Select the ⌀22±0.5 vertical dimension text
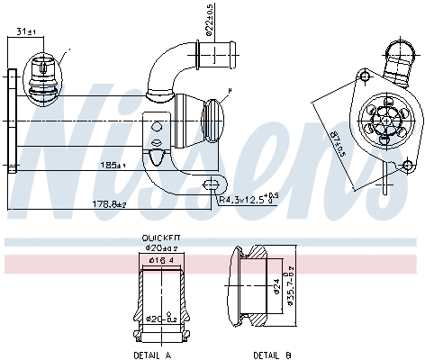tap(209, 20)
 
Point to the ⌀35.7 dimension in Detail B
tap(289, 288)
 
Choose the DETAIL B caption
tap(271, 355)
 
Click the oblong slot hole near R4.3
tap(212, 184)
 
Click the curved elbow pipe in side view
tap(170, 72)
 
